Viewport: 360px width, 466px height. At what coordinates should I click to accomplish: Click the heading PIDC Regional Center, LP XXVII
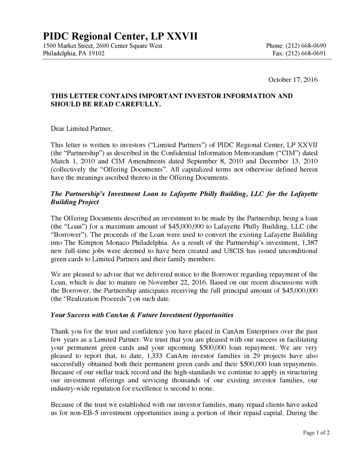click(x=120, y=36)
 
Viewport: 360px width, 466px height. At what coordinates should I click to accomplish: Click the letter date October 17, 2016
click(x=293, y=80)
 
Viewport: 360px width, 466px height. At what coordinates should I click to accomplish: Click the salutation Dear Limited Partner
click(x=81, y=129)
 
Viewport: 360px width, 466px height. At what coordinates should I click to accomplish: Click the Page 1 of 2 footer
click(x=316, y=433)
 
